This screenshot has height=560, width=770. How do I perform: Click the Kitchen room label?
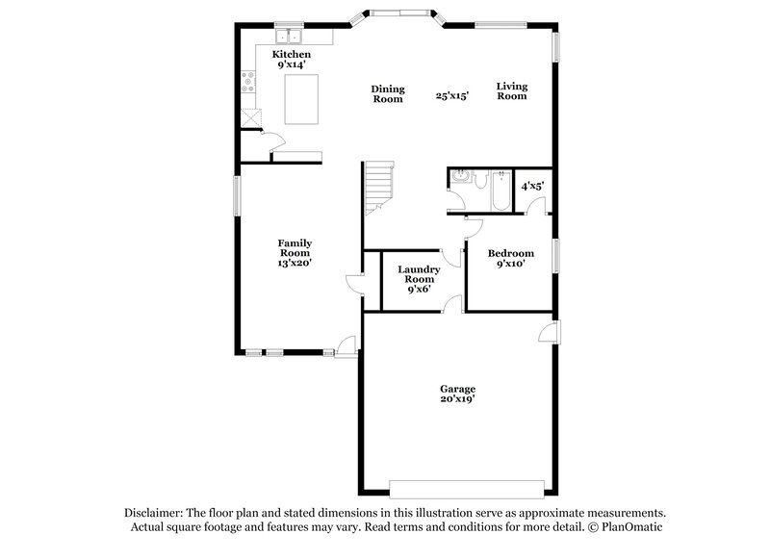click(291, 56)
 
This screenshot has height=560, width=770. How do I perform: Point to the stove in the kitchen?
click(249, 83)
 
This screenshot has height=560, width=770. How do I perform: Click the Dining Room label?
click(387, 93)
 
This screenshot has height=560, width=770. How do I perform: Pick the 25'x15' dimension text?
click(451, 95)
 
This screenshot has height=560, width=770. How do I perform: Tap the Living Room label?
click(511, 90)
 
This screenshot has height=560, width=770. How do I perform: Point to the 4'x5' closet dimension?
click(532, 186)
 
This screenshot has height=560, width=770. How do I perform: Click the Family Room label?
click(295, 247)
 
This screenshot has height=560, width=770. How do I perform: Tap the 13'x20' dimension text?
click(295, 263)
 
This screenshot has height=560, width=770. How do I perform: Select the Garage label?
click(457, 389)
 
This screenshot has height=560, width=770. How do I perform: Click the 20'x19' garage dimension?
click(457, 399)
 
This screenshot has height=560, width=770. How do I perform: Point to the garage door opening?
click(456, 484)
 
